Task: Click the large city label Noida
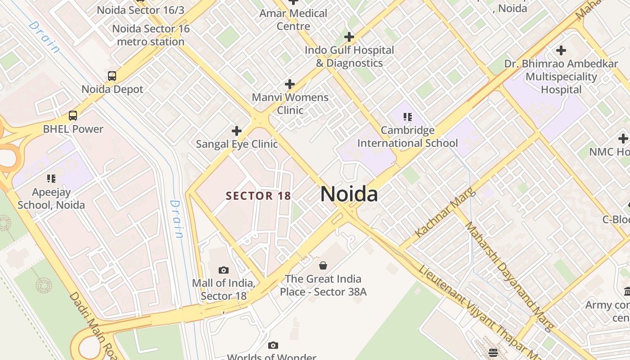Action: (x=349, y=194)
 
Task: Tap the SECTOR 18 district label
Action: (x=258, y=196)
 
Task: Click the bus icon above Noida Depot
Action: (x=112, y=76)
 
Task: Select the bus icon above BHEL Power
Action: (x=73, y=116)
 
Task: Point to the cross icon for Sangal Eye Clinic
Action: (x=236, y=131)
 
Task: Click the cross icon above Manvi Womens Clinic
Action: (x=290, y=84)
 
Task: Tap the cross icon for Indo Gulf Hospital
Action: (x=349, y=37)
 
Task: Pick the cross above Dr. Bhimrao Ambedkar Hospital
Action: (x=561, y=50)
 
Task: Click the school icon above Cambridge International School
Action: (x=408, y=117)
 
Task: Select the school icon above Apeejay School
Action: (x=51, y=179)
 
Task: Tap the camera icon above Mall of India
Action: (x=224, y=270)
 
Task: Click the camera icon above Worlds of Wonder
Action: (x=273, y=346)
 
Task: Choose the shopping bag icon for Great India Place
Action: (x=323, y=265)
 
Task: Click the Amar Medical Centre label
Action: (x=293, y=20)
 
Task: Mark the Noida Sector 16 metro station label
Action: (x=151, y=35)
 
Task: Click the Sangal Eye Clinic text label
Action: (x=237, y=144)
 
